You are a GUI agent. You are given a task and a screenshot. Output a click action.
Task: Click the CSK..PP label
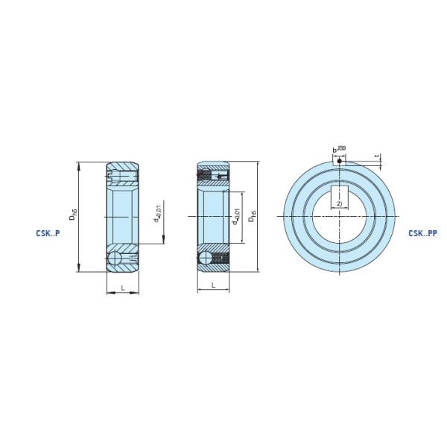422,232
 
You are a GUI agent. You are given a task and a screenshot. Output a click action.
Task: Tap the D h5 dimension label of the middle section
253,215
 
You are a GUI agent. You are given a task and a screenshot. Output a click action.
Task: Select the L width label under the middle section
213,285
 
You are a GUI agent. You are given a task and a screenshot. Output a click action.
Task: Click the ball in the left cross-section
115,258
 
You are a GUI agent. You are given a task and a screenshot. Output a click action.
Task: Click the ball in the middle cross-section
206,258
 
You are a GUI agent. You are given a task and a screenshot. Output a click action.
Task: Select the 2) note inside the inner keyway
339,203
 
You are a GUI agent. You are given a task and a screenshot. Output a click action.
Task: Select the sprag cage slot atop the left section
123,176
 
